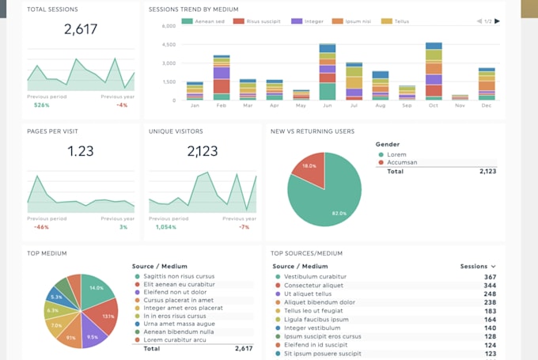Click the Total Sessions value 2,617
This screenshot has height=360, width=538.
click(x=80, y=30)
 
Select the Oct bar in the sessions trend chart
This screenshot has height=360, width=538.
click(x=434, y=71)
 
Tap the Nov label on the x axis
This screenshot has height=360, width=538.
click(x=460, y=105)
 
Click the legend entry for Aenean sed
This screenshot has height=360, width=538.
click(x=204, y=21)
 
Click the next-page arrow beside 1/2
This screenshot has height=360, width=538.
click(x=497, y=21)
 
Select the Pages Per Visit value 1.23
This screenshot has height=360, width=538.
click(x=80, y=151)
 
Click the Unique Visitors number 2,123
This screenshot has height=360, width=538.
click(x=203, y=151)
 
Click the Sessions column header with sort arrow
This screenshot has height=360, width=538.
click(x=478, y=267)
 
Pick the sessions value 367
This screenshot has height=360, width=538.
click(x=490, y=277)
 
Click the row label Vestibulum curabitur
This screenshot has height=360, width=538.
click(x=315, y=277)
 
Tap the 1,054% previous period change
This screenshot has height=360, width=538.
click(x=165, y=227)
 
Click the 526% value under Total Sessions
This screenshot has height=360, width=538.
click(x=42, y=104)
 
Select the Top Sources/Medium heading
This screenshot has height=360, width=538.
click(x=306, y=253)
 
